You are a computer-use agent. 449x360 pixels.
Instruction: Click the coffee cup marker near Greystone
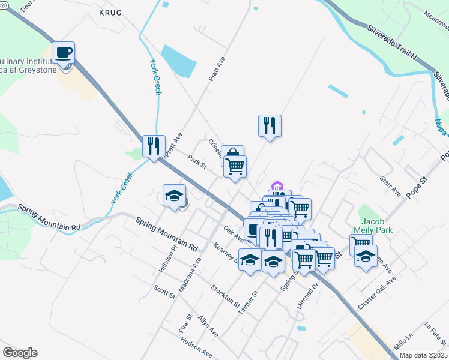coord(63,53)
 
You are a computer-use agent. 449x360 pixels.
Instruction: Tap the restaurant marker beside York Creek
coord(154,146)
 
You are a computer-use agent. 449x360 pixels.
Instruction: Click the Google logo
coord(20,353)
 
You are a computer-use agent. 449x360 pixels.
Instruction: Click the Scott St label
coord(164,292)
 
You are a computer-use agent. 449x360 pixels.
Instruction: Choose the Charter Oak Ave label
coord(377,293)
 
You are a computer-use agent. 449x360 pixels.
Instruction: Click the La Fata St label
coord(436,333)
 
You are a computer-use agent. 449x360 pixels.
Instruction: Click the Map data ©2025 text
coord(423,355)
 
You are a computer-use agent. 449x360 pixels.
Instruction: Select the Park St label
coord(197,162)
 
